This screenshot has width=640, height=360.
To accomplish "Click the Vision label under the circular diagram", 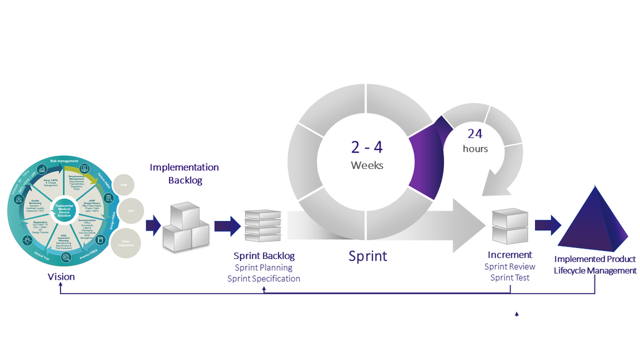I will click(61, 277).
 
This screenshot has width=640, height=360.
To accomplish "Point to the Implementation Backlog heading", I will click(184, 174).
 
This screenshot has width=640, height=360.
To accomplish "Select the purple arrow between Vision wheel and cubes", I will click(153, 225).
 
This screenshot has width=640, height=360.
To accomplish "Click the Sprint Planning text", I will click(263, 267).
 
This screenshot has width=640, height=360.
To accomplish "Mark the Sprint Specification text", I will click(263, 279).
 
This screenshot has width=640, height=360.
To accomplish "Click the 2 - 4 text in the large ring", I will click(367, 147).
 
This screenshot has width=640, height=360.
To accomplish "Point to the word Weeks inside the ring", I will click(367, 165).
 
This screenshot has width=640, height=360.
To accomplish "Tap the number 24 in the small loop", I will click(475, 133).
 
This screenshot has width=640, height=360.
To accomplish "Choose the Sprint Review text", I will click(510, 267).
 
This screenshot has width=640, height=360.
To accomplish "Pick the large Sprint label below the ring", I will click(368, 256).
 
